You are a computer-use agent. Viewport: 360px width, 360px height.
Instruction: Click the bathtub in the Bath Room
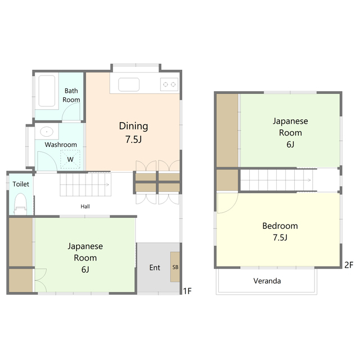click(x=47, y=91)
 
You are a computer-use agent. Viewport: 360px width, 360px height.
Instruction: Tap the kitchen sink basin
click(x=129, y=84)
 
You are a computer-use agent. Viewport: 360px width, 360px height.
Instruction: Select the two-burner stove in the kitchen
click(x=169, y=84)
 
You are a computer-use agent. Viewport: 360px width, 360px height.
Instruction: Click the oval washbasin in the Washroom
click(x=47, y=132)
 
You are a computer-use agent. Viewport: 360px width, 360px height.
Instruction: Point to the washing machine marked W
click(x=70, y=159)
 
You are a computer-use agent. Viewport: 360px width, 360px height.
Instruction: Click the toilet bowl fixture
click(x=20, y=204)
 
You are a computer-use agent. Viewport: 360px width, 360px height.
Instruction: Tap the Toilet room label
click(x=21, y=184)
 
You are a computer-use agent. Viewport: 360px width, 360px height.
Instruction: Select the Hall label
click(x=85, y=206)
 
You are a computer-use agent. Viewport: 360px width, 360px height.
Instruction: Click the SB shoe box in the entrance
click(x=175, y=267)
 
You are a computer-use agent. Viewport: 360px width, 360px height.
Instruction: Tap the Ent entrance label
click(x=155, y=268)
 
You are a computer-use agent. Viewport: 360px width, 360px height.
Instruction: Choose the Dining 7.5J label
click(x=133, y=133)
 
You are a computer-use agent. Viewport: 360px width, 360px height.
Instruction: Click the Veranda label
click(x=267, y=281)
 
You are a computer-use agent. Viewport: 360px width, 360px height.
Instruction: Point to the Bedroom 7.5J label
click(x=280, y=231)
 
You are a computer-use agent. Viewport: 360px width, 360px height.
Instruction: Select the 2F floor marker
click(x=349, y=265)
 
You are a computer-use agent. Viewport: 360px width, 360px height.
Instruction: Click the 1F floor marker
click(x=187, y=291)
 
